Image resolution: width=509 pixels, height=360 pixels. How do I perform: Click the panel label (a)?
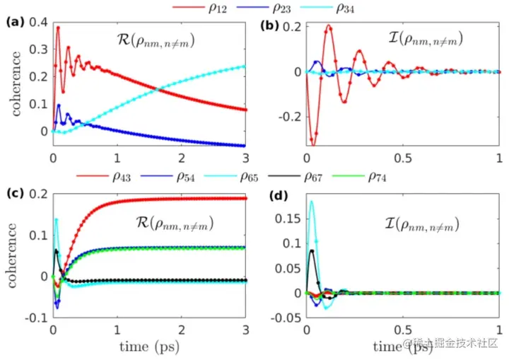[x=15, y=22]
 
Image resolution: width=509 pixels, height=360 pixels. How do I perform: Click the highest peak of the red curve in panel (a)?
[x=58, y=28]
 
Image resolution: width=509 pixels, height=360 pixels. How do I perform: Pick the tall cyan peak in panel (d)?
[x=311, y=202]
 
